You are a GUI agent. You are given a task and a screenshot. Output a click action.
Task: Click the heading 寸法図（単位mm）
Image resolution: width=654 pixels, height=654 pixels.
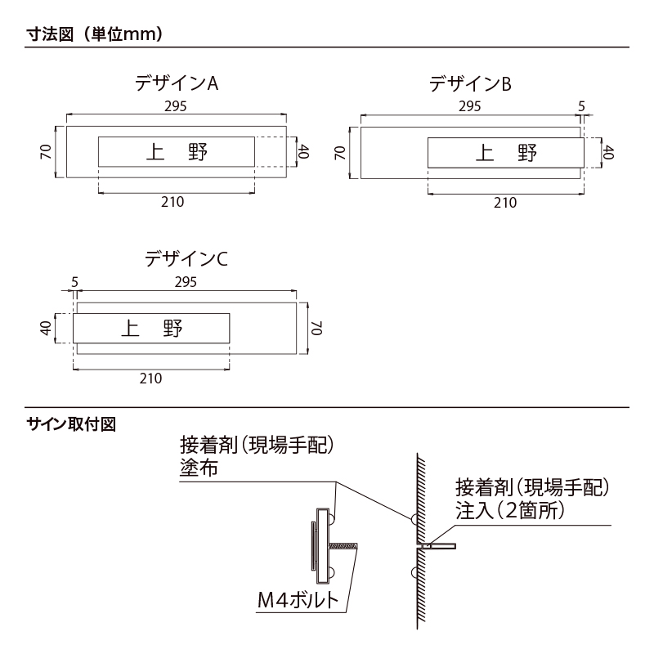[95, 34]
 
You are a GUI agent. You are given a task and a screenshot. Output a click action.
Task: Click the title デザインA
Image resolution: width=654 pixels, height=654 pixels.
[177, 83]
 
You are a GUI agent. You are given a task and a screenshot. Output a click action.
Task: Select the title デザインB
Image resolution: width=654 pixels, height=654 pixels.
[470, 84]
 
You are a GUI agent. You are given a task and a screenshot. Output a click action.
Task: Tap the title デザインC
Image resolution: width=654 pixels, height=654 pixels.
[186, 259]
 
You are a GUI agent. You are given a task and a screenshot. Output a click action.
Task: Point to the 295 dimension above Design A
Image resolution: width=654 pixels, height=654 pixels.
[175, 106]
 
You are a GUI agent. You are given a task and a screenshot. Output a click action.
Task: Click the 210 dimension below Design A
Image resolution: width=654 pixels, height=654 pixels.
[172, 202]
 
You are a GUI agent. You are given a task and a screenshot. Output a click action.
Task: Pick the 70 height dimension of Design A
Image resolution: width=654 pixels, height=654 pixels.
[46, 151]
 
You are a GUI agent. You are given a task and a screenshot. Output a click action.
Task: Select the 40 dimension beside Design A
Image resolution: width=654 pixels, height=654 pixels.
[303, 151]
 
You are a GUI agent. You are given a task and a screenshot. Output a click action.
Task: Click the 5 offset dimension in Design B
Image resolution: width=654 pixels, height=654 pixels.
[581, 106]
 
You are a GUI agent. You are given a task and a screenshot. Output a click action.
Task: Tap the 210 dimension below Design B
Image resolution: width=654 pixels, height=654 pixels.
[505, 203]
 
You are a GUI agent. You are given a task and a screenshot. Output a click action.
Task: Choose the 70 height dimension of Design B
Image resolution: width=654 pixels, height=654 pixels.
[340, 153]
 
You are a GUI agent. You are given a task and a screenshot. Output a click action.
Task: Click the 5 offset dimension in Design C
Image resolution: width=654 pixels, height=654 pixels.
[74, 282]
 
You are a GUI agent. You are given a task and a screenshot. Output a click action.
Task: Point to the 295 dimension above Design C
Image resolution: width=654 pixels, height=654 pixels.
[186, 282]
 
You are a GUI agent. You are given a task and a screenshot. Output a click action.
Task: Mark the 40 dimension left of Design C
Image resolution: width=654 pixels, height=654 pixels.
[46, 328]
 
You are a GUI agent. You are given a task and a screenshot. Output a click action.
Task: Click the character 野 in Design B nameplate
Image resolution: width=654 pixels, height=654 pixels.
[527, 153]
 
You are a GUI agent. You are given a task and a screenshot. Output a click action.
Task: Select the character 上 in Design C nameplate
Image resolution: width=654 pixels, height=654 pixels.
[130, 329]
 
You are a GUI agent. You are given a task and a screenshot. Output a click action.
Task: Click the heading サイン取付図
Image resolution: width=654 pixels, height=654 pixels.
[71, 424]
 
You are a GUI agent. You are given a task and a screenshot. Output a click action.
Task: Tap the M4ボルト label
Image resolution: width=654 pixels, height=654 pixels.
[298, 600]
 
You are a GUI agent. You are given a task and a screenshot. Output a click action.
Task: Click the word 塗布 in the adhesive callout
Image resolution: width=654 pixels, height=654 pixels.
[199, 468]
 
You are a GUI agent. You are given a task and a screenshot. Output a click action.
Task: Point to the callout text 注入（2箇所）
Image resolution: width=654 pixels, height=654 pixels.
[510, 509]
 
